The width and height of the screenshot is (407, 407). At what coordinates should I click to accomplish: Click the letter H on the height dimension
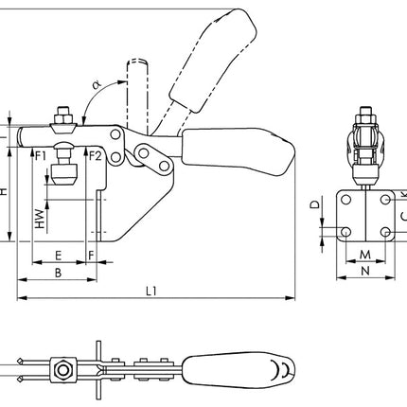[x=5, y=192]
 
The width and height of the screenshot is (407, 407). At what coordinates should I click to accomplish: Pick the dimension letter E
[x=59, y=256]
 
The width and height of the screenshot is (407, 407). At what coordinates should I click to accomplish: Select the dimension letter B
[x=57, y=272]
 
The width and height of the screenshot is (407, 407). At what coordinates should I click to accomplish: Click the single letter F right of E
[x=91, y=256]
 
